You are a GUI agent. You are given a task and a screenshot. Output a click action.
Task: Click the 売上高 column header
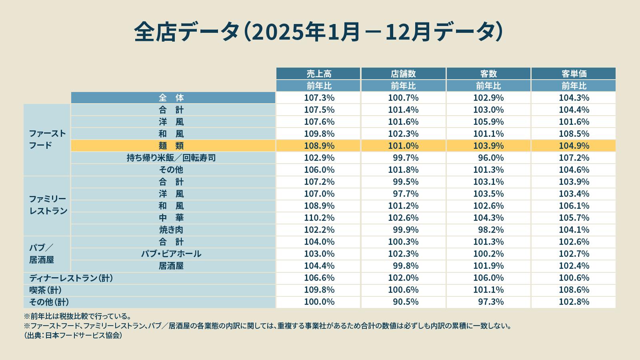(319, 74)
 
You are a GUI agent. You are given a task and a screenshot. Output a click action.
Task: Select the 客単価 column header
(574, 74)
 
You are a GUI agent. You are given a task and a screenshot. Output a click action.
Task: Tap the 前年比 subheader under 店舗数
(403, 86)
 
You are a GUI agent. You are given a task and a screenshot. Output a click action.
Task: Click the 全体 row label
(171, 98)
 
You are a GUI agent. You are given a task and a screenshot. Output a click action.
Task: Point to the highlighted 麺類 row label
(171, 146)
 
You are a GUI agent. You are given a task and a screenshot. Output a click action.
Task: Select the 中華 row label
(171, 218)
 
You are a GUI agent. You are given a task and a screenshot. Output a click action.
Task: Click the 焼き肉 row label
(171, 230)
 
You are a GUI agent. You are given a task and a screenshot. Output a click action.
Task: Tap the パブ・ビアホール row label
(171, 254)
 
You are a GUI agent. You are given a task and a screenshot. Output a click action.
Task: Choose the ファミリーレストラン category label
(48, 205)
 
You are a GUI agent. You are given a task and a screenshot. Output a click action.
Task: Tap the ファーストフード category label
(47, 139)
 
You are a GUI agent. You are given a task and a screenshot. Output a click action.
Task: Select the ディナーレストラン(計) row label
(71, 278)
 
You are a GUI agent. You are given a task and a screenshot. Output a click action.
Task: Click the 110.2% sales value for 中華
(319, 218)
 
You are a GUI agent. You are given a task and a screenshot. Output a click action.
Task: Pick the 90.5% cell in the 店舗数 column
(406, 302)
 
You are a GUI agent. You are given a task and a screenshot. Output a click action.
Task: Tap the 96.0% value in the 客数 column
(491, 158)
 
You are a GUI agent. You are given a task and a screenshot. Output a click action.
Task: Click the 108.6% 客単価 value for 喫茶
(574, 290)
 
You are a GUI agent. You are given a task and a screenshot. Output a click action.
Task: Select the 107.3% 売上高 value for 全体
(319, 98)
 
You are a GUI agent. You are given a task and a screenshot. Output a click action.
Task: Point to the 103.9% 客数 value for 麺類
(488, 146)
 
